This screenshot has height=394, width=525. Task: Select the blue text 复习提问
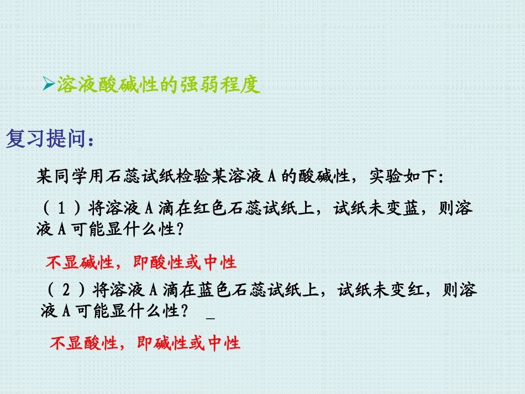click(46, 140)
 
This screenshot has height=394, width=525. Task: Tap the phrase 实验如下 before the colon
click(402, 177)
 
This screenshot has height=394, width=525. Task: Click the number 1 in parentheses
click(62, 209)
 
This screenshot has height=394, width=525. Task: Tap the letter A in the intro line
click(271, 177)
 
